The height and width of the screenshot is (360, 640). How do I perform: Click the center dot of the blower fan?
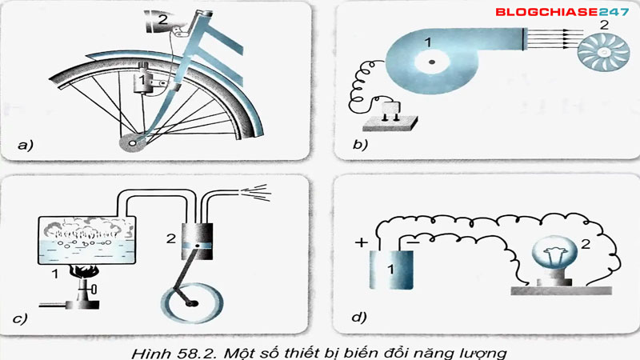430,63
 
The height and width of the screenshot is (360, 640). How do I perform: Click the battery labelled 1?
390,268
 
